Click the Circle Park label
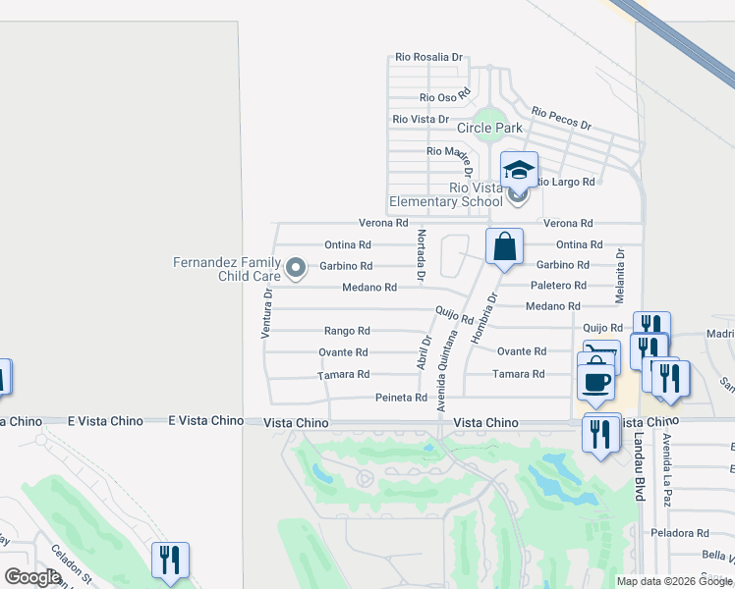coord(489,128)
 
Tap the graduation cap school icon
coord(519,171)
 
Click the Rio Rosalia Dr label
coord(428,58)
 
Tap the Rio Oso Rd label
coord(445,96)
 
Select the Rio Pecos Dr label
coord(561,119)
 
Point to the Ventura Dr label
coord(265,314)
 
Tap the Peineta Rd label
coord(401,398)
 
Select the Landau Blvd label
coord(639,466)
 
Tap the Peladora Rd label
coord(679,533)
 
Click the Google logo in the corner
coord(33,577)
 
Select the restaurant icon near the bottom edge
coord(170,560)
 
